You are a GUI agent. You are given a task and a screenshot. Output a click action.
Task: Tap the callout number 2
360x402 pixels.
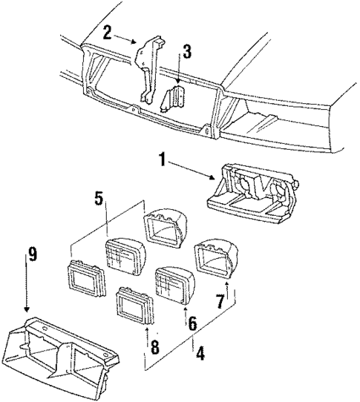point(108,32)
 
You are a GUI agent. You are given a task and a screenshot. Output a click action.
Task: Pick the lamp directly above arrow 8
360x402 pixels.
point(135,306)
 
